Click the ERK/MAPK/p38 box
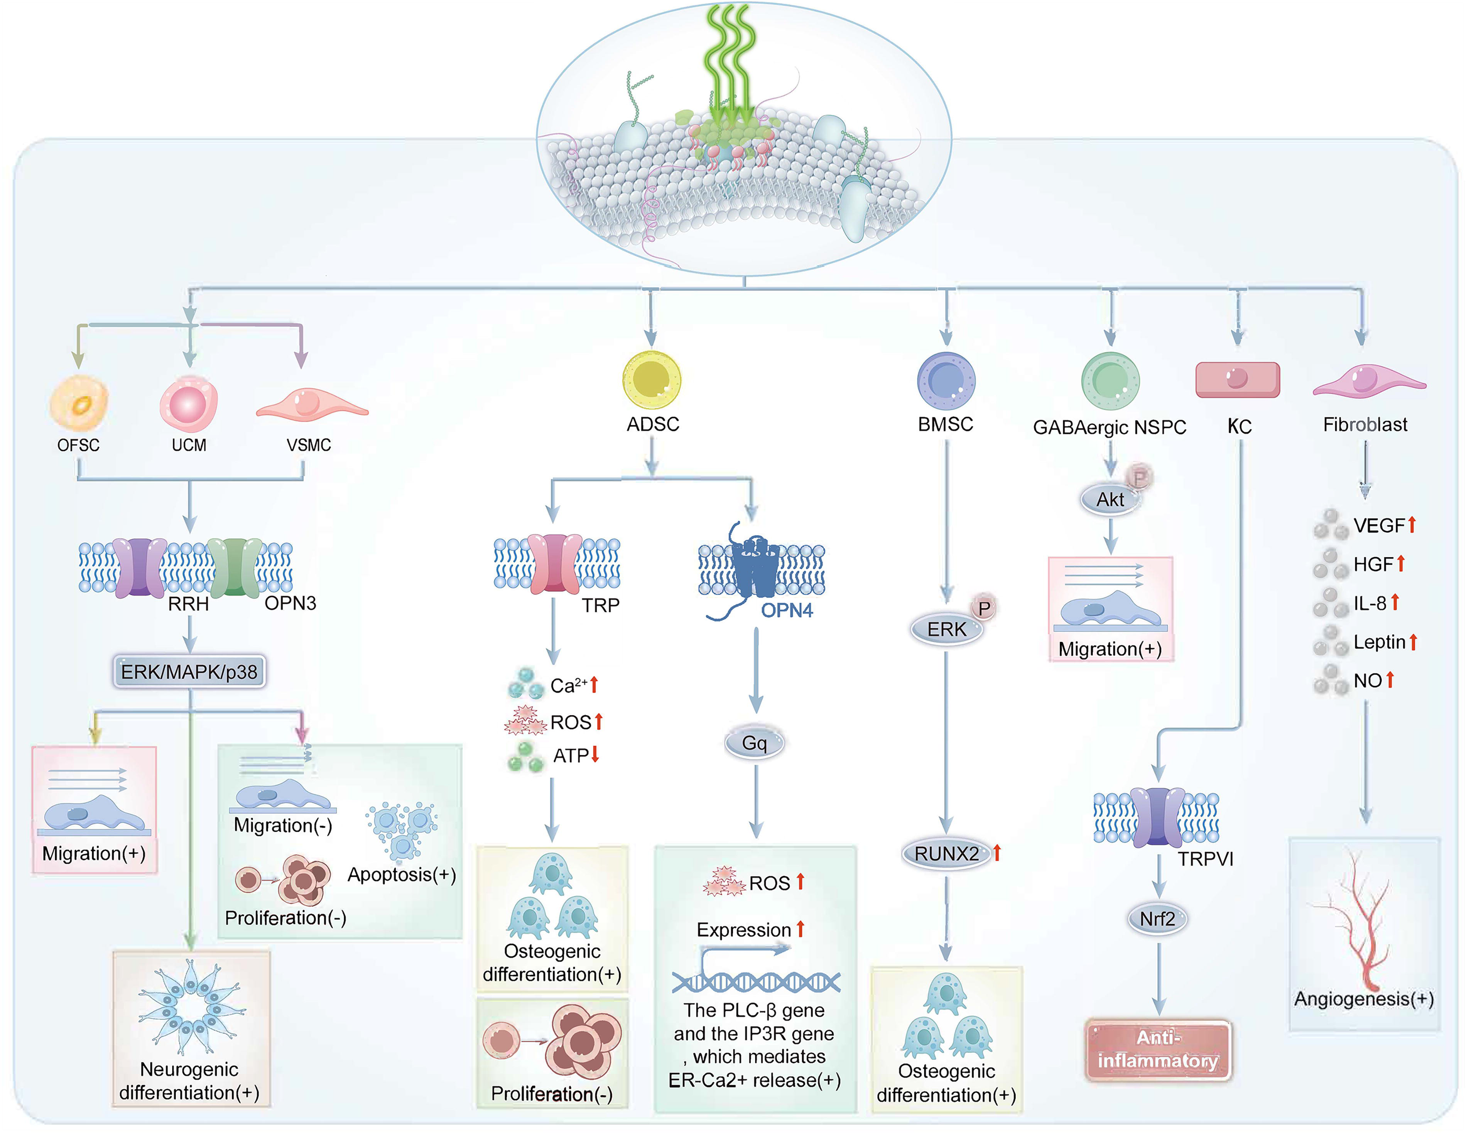[x=189, y=671]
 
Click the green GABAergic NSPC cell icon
[x=1110, y=381]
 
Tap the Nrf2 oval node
[x=1157, y=918]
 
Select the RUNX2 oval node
[x=946, y=854]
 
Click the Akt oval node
[x=1110, y=500]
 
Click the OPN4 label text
[x=787, y=610]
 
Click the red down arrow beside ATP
[x=595, y=755]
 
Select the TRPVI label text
[x=1206, y=859]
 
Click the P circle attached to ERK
[x=984, y=608]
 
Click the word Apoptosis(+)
[x=401, y=875]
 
